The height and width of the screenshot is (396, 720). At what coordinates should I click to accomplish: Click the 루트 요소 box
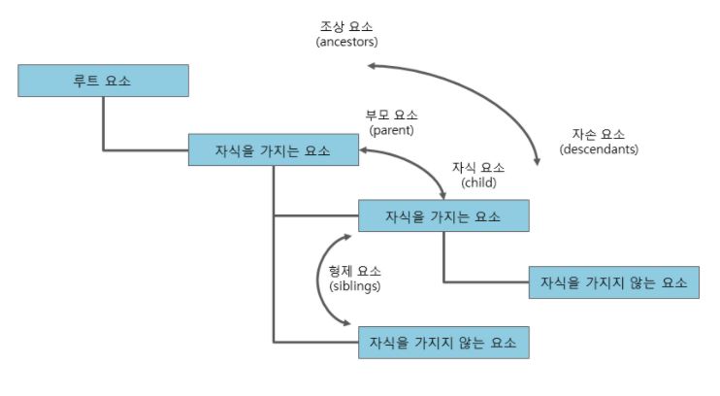[103, 81]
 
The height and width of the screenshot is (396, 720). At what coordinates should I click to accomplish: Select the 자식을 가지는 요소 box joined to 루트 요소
[274, 150]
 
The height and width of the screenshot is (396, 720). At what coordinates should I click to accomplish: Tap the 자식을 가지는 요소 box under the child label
[443, 215]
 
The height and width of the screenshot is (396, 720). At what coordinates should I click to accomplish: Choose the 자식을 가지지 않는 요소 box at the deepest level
[613, 281]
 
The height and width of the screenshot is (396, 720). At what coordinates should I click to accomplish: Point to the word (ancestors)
[346, 43]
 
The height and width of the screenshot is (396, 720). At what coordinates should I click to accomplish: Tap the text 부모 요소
[391, 115]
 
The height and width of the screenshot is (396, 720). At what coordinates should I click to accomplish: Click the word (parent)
[391, 129]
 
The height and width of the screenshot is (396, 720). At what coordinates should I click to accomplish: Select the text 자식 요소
[478, 167]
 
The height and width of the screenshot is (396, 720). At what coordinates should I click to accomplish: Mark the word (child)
[478, 181]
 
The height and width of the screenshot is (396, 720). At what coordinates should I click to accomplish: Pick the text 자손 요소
[599, 135]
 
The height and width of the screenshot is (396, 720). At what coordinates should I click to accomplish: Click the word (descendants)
[599, 149]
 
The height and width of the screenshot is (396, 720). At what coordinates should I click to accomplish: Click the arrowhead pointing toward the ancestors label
[372, 66]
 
